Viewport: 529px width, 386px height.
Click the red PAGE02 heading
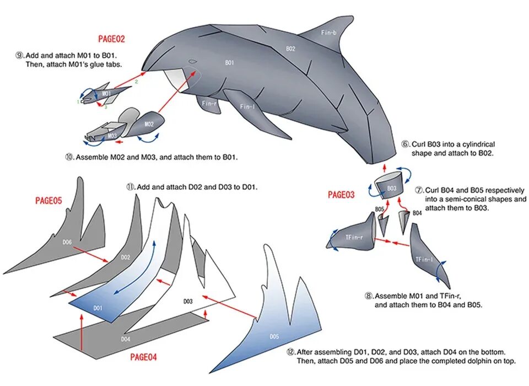point(111,39)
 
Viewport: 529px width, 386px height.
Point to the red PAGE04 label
point(143,357)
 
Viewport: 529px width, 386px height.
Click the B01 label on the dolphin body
point(230,63)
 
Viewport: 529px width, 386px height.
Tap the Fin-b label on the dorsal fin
point(328,33)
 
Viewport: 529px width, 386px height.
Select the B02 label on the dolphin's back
point(290,49)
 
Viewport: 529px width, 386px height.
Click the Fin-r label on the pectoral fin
point(209,103)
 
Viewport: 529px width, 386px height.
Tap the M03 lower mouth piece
point(112,135)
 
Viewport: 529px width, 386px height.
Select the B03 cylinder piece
point(391,188)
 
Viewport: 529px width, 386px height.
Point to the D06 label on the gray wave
point(67,242)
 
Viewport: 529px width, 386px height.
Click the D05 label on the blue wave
point(274,336)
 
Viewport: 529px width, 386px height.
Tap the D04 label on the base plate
point(126,339)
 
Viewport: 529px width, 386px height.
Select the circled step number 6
point(405,144)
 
